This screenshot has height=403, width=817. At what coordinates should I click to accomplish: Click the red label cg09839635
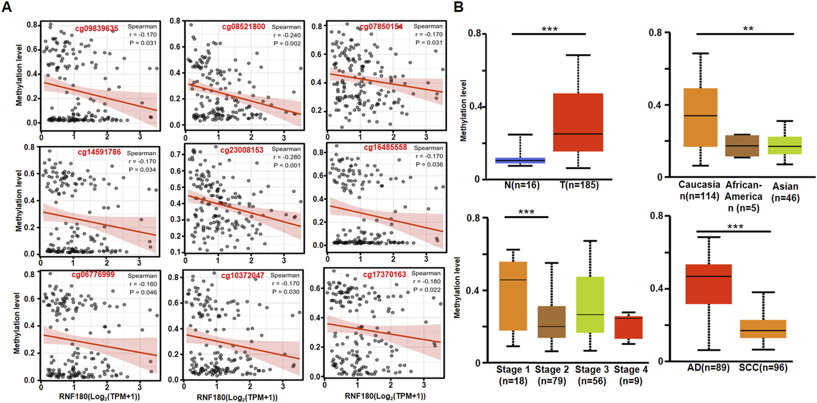(x=96, y=29)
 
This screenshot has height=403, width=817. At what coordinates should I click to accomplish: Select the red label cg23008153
(x=242, y=150)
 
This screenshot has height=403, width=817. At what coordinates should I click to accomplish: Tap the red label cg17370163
(x=384, y=274)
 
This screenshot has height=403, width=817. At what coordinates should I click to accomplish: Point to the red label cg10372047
(x=243, y=275)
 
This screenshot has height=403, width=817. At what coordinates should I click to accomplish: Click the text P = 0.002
(x=287, y=43)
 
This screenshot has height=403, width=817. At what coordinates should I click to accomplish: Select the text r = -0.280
(x=287, y=157)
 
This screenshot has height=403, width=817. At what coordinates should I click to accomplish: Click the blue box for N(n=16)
(x=520, y=160)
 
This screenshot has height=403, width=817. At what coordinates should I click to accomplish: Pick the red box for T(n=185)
(x=578, y=122)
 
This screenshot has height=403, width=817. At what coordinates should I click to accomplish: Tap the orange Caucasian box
(x=700, y=118)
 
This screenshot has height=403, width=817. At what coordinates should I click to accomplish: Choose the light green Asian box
(x=784, y=145)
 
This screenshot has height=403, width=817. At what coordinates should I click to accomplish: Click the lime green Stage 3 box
(x=590, y=304)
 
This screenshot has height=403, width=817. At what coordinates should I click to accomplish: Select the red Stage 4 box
(x=628, y=327)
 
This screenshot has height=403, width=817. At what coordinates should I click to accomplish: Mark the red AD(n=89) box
(x=708, y=284)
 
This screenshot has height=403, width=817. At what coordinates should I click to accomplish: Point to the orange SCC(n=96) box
(x=763, y=329)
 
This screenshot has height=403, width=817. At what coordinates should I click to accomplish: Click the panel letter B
(x=458, y=7)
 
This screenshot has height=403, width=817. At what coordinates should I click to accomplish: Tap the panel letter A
(x=6, y=7)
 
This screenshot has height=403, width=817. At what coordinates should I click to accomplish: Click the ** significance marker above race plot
(x=748, y=29)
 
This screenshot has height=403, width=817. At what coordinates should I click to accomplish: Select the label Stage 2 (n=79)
(x=552, y=375)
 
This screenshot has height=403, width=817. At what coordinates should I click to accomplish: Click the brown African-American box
(x=742, y=146)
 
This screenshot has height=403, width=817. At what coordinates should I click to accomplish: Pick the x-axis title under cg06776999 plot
(x=99, y=396)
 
